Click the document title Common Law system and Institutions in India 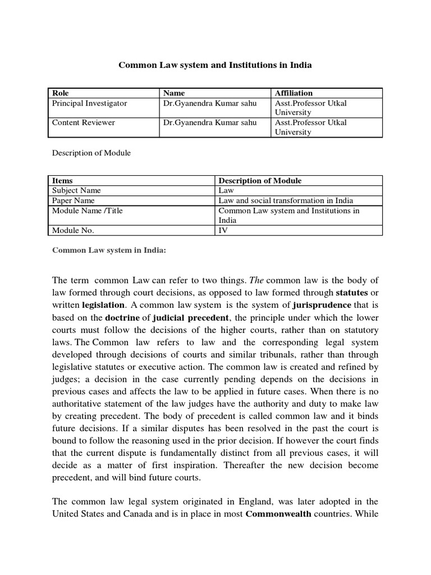[215, 65]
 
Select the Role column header [60, 93]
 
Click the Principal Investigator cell [90, 103]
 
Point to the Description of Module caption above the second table [91, 153]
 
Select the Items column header [62, 180]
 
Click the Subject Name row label [76, 190]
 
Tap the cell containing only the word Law [225, 190]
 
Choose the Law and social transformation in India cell [286, 200]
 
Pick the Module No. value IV [223, 230]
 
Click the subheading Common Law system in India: [109, 250]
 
